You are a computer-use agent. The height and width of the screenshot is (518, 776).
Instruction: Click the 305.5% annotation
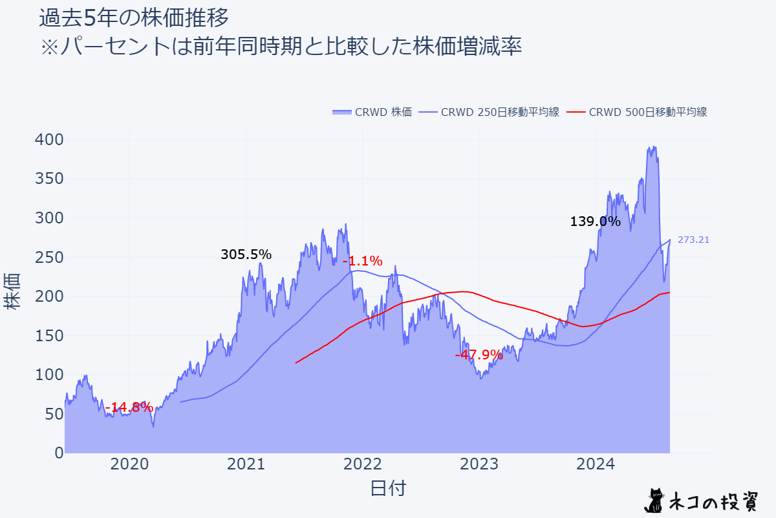pyautogui.click(x=246, y=255)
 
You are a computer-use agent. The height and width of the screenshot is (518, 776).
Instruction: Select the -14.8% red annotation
pyautogui.click(x=129, y=407)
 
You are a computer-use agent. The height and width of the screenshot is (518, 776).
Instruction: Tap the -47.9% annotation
pyautogui.click(x=479, y=355)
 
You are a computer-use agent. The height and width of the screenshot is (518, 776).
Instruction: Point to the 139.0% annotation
pyautogui.click(x=595, y=221)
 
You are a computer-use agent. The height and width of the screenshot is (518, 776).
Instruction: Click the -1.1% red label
pyautogui.click(x=362, y=262)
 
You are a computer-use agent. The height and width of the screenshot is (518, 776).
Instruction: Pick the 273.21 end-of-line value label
pyautogui.click(x=693, y=240)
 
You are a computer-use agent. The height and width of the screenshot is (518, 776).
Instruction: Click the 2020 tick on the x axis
pyautogui.click(x=129, y=464)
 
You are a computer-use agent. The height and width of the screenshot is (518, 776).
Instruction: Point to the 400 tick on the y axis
pyautogui.click(x=49, y=140)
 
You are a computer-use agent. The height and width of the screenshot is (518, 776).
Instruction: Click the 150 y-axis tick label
pyautogui.click(x=49, y=335)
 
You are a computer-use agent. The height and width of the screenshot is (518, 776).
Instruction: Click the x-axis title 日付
pyautogui.click(x=388, y=488)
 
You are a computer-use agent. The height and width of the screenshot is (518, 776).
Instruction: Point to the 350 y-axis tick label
pyautogui.click(x=49, y=179)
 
